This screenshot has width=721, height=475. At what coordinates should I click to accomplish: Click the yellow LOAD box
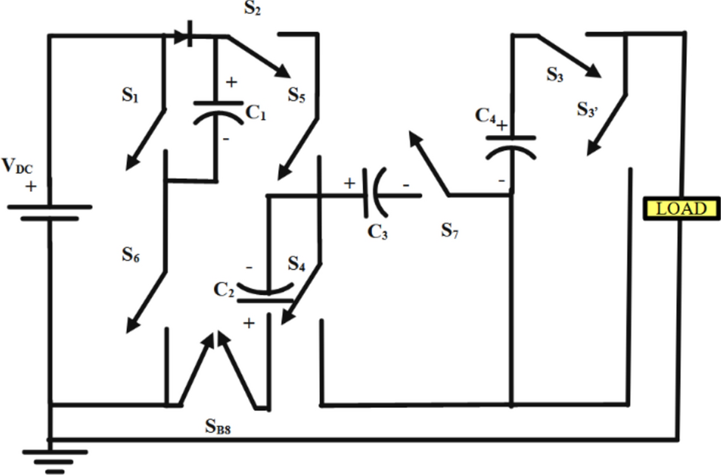680,208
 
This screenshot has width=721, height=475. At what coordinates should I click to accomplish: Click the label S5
297,96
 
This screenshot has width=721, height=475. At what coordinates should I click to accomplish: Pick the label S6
131,256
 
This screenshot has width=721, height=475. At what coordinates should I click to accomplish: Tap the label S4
297,262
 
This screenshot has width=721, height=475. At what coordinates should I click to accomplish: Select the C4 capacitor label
485,114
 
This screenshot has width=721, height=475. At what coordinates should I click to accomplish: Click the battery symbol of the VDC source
49,213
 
